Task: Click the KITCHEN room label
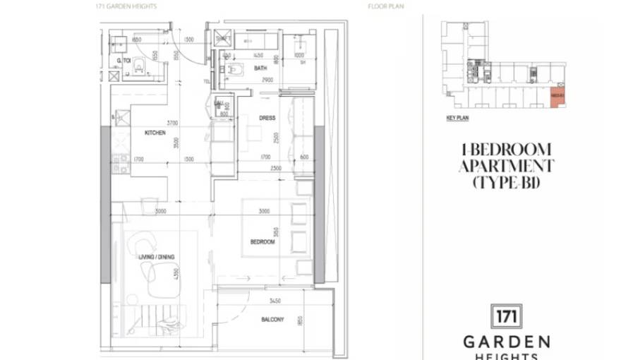point(155,133)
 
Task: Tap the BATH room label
point(260,68)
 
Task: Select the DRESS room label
point(267,118)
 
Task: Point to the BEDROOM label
point(262,241)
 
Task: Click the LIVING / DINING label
point(157,256)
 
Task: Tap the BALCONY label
point(272,320)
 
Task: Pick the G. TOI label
point(124,61)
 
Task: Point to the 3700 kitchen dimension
point(171,123)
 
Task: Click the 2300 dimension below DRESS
point(276,168)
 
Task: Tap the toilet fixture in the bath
point(233,69)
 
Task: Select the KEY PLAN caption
point(457,118)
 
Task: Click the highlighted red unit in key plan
point(557,96)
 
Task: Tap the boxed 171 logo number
point(505,317)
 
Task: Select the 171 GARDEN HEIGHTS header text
point(126,6)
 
